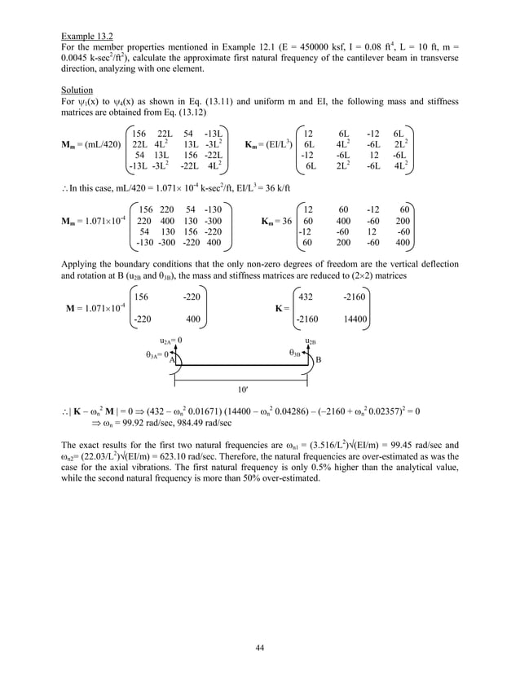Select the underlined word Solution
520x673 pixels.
77,90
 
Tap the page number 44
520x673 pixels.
259,646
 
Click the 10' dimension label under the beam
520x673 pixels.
242,389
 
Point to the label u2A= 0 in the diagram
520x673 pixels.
170,341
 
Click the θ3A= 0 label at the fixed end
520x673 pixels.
157,354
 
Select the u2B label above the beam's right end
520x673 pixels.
311,341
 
